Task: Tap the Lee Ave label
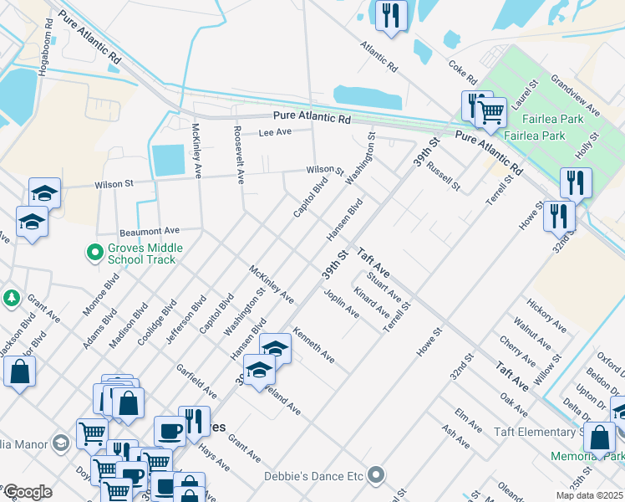coord(275,133)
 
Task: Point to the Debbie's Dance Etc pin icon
coord(377,476)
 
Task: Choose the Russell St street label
coord(443,176)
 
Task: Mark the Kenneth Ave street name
coord(313,345)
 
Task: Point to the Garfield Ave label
coord(197,381)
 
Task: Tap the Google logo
coord(27,492)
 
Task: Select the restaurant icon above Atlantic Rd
coord(391,15)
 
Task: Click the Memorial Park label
coord(587,457)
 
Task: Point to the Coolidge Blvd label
coord(157,323)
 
